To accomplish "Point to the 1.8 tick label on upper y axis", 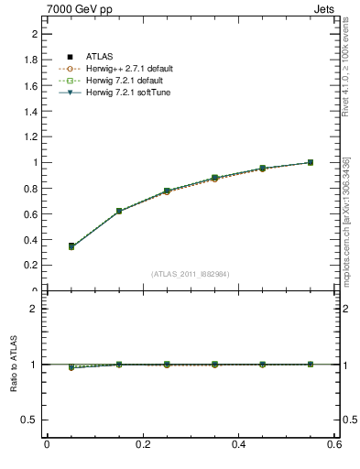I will pos(30,60).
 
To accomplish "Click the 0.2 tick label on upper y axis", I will pos(30,266).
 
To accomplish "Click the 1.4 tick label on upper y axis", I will pos(30,111).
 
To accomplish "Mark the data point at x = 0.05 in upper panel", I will pos(71,246).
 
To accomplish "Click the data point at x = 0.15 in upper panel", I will pos(119,211).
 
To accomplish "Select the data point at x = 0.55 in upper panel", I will pos(311,162).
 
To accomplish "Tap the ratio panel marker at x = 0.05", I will pos(71,366).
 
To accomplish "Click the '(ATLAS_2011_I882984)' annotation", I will pos(191,274).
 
